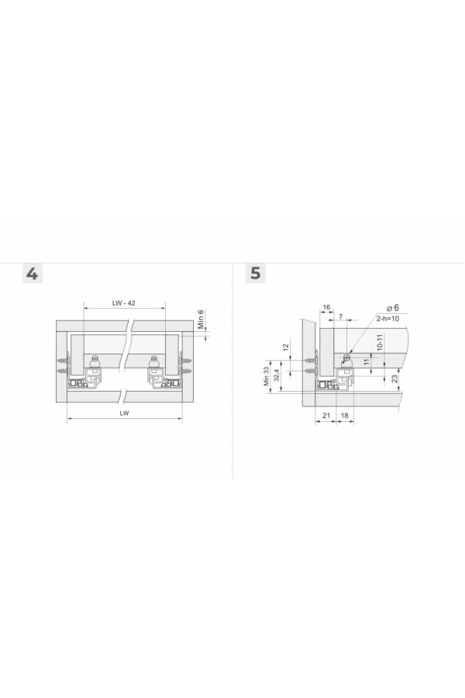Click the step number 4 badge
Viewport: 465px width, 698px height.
tap(33, 273)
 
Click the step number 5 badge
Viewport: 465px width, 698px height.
tap(256, 273)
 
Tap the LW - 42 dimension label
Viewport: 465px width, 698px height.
tap(124, 303)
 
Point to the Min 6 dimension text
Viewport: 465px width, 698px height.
tap(201, 320)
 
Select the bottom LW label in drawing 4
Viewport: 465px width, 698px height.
tap(124, 413)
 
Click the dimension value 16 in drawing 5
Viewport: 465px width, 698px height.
tap(326, 307)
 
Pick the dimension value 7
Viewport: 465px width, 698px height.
tap(341, 316)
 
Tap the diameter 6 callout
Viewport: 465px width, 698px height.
tap(393, 308)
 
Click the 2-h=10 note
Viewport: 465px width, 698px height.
tap(387, 319)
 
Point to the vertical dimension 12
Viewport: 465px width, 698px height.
tap(286, 346)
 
